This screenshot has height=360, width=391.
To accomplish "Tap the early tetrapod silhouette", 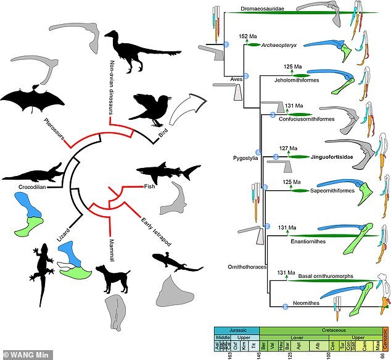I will tap(175, 262).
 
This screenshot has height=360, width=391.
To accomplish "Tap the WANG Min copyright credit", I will tap(21, 354).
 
